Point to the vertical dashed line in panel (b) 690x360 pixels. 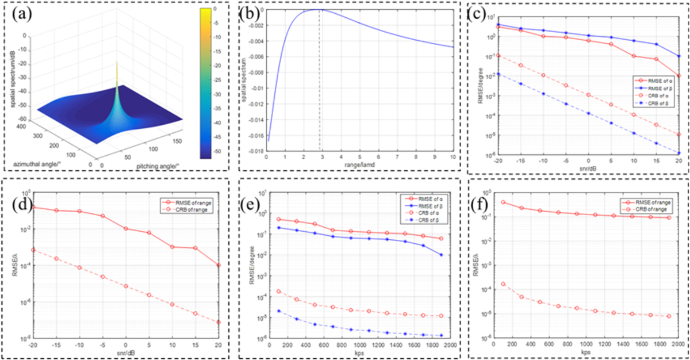(320, 86)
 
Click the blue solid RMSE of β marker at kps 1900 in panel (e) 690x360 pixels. (441, 255)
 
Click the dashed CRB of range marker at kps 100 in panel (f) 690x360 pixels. (504, 284)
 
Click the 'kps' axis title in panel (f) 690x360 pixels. (586, 353)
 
